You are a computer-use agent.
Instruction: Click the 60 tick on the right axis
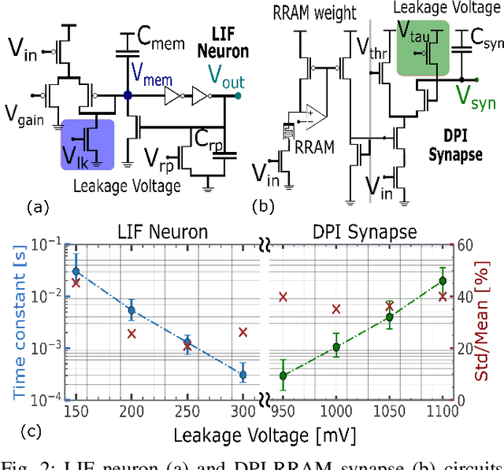click(466, 244)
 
